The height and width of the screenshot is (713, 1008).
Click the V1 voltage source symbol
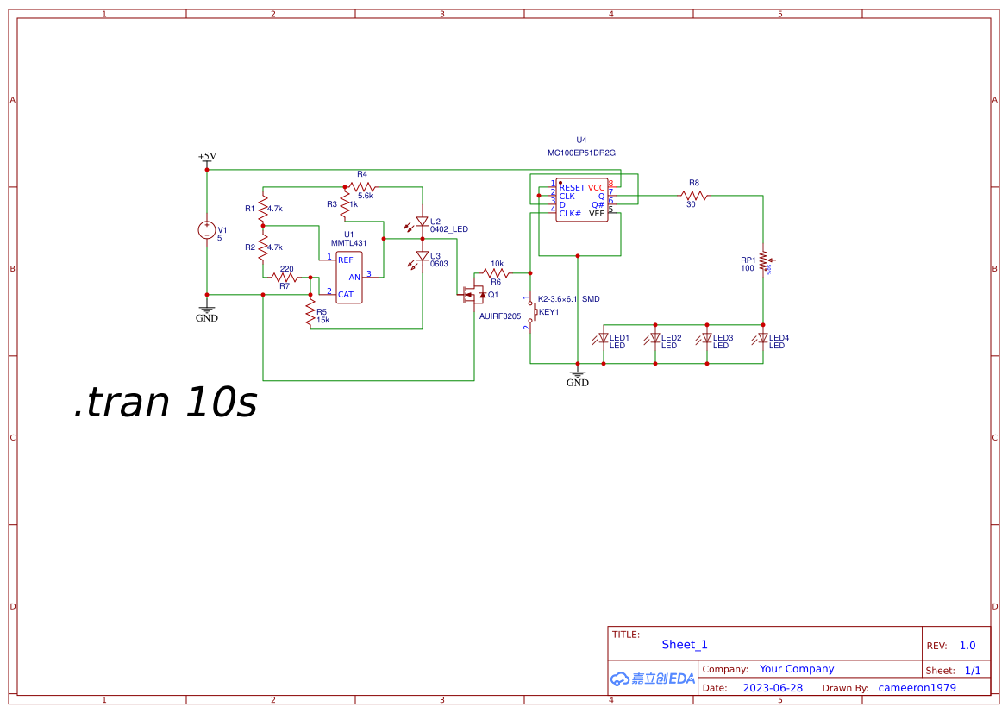[207, 230]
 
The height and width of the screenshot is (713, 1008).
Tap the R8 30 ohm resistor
[693, 196]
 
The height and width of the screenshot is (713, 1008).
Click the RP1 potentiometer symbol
[763, 260]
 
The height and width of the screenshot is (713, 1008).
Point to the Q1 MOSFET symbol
[473, 295]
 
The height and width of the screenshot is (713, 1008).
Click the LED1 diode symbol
[604, 339]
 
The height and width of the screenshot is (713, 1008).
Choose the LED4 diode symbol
[763, 339]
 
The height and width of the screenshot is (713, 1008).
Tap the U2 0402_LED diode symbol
[423, 222]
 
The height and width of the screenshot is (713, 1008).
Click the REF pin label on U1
[345, 260]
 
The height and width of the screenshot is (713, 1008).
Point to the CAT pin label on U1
[345, 294]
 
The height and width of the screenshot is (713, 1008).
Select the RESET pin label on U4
[572, 187]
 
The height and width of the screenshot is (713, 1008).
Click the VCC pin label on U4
[597, 187]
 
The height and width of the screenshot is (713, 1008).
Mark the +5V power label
[207, 157]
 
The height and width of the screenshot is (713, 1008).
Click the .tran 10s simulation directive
[166, 403]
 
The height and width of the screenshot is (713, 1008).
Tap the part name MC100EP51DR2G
[581, 153]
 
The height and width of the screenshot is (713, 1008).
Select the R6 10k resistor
[496, 273]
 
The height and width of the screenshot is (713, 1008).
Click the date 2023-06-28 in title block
[772, 688]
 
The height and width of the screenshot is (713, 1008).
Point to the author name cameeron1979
[917, 688]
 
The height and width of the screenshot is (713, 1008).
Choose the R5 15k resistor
[310, 314]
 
